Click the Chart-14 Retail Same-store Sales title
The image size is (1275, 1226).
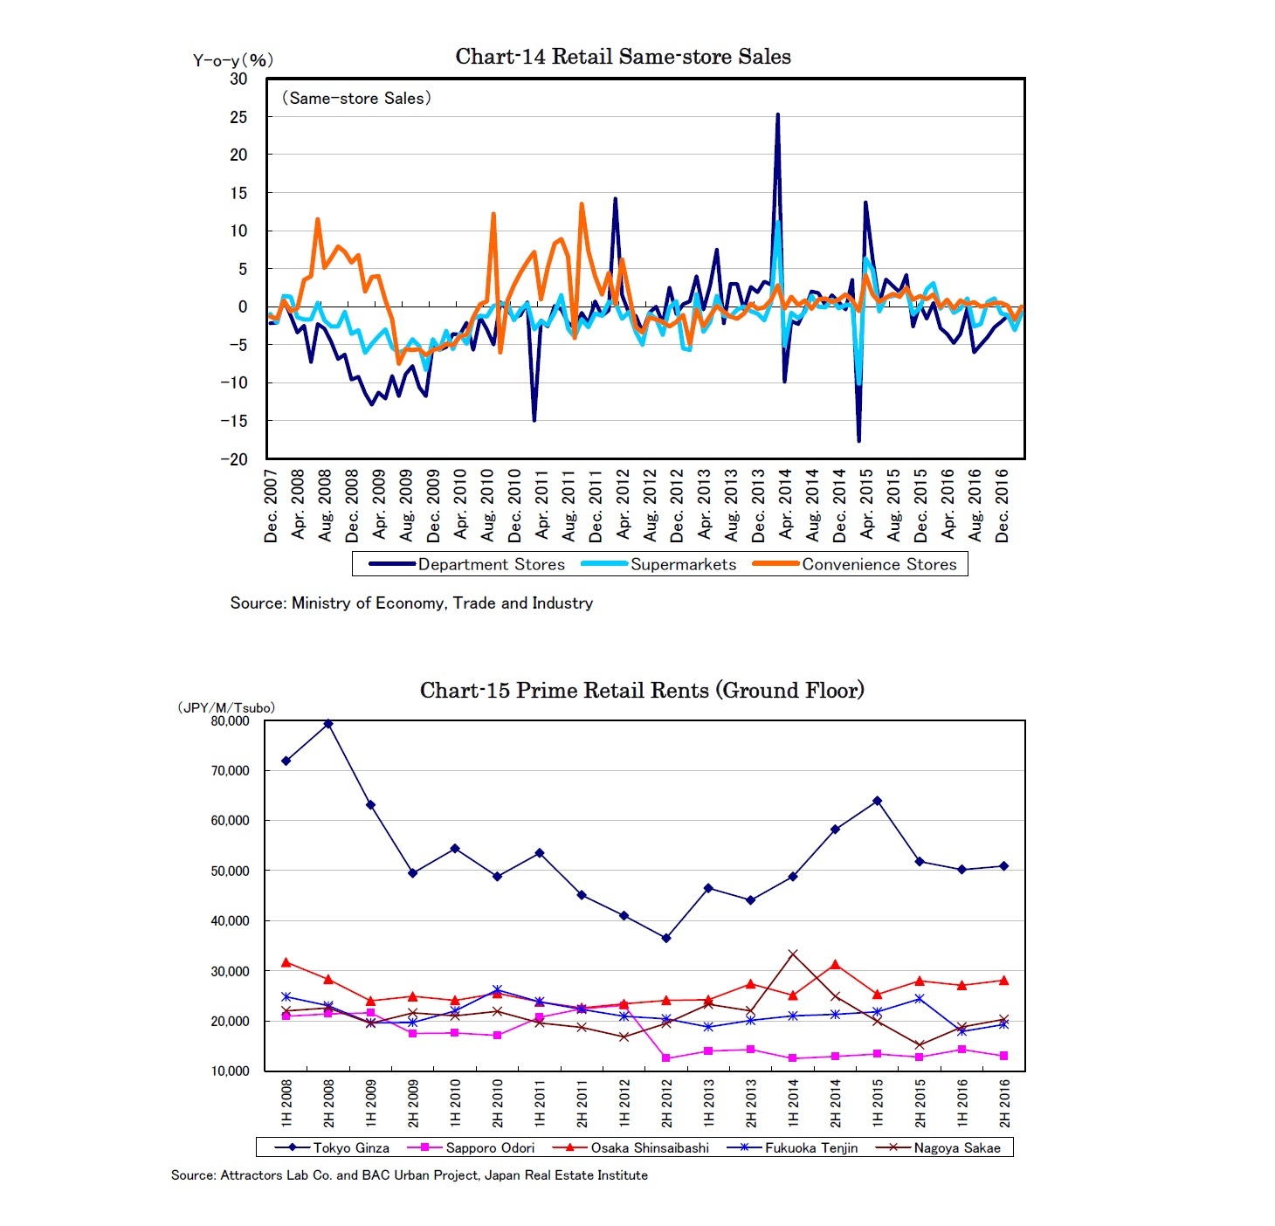pos(623,57)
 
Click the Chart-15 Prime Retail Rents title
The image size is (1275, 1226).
pos(642,691)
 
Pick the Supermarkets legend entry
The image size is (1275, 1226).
pos(683,564)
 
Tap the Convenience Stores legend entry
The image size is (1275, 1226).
pos(879,564)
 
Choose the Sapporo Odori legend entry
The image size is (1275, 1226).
pos(489,1147)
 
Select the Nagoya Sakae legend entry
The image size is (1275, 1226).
pos(956,1147)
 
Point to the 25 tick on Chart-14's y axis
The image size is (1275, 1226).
pos(238,117)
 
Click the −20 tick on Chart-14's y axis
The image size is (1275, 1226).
pos(234,459)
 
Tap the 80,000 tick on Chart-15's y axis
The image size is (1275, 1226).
pos(231,721)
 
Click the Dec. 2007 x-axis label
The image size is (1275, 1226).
pos(272,506)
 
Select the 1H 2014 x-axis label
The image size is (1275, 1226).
pos(794,1103)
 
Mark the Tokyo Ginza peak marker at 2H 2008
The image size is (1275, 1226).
pos(328,724)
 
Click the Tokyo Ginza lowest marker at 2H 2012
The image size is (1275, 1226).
pos(666,938)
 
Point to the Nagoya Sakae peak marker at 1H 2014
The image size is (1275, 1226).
pos(793,954)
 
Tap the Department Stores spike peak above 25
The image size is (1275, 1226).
pos(777,114)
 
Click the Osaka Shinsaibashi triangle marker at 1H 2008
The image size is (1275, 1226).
pos(286,962)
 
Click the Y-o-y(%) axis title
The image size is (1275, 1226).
pos(233,60)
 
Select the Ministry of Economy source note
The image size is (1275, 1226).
pos(411,603)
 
